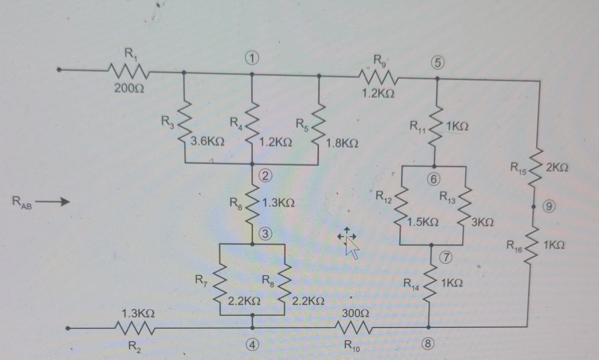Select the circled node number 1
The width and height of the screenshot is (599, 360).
coord(252,59)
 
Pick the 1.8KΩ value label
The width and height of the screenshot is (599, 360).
coord(342,144)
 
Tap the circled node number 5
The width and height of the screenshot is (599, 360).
coord(438,63)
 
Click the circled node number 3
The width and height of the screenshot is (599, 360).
coord(265,234)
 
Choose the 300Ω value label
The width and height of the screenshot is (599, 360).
coord(355,313)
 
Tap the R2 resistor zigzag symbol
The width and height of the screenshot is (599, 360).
coord(133,328)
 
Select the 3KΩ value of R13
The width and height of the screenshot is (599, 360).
coord(483,222)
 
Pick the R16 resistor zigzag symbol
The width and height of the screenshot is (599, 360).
coord(533,245)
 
